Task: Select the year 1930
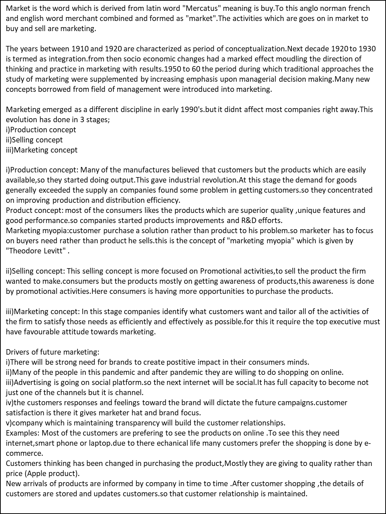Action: (x=367, y=49)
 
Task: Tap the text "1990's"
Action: (x=192, y=110)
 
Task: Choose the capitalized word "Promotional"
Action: (x=222, y=271)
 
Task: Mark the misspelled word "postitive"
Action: (x=199, y=362)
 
